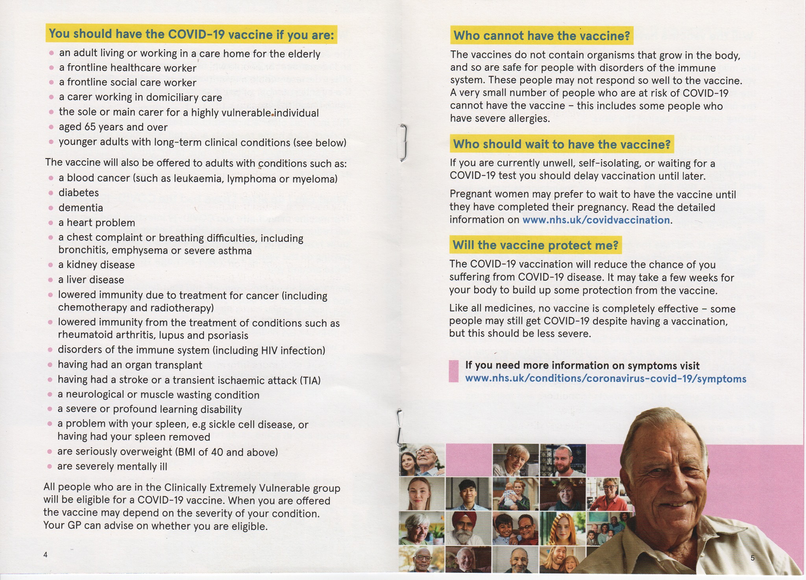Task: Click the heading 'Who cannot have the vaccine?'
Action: pyautogui.click(x=542, y=36)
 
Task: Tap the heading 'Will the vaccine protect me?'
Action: pyautogui.click(x=535, y=245)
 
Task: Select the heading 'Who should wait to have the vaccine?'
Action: pyautogui.click(x=562, y=144)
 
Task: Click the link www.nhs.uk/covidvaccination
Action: pyautogui.click(x=596, y=220)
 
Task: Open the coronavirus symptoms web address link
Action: pyautogui.click(x=605, y=379)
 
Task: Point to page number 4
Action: pyautogui.click(x=46, y=555)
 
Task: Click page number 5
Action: pyautogui.click(x=752, y=558)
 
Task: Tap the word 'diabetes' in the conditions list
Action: pyautogui.click(x=79, y=193)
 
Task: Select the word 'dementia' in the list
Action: pyautogui.click(x=81, y=208)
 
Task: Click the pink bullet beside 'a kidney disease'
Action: pyautogui.click(x=50, y=265)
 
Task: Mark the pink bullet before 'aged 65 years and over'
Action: pyautogui.click(x=51, y=127)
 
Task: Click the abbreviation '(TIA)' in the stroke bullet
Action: pyautogui.click(x=310, y=381)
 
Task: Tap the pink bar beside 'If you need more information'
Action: pyautogui.click(x=453, y=371)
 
